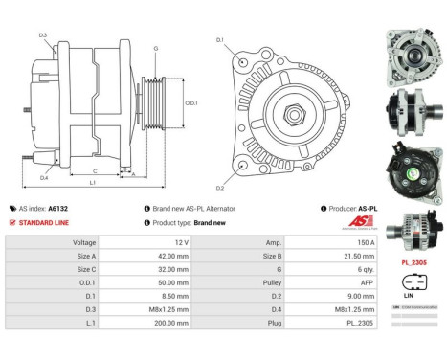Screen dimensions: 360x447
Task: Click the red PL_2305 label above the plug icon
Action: [x=413, y=261]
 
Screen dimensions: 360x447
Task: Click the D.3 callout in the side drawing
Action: [x=42, y=35]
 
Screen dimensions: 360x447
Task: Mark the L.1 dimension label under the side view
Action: [x=92, y=182]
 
